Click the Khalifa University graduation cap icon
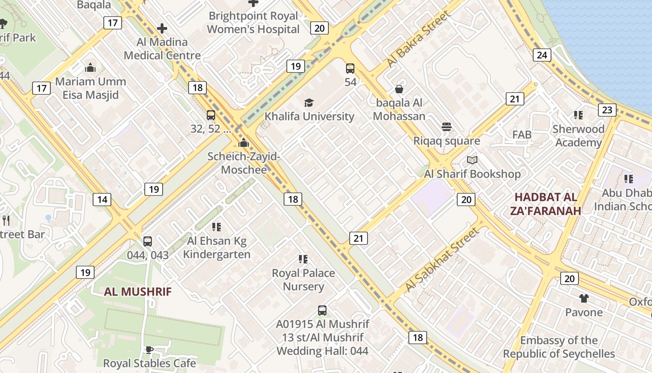coord(309,103)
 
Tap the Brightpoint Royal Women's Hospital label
coord(253,22)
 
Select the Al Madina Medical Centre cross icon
coord(162,28)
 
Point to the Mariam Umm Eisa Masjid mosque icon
coord(90,68)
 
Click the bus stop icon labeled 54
coord(350,69)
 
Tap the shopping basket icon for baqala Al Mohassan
coord(399,89)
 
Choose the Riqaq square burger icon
coord(447,127)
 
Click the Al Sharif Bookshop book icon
coord(472,160)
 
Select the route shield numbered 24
coord(542,55)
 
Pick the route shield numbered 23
coord(607,110)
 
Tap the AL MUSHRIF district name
coord(137,292)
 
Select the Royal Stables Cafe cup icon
coord(149,350)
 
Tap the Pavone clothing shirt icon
coord(584,298)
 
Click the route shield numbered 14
coord(102,200)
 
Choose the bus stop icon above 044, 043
coord(148,242)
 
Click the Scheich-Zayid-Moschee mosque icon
coord(244,143)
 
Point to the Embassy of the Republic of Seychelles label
coord(559,347)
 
